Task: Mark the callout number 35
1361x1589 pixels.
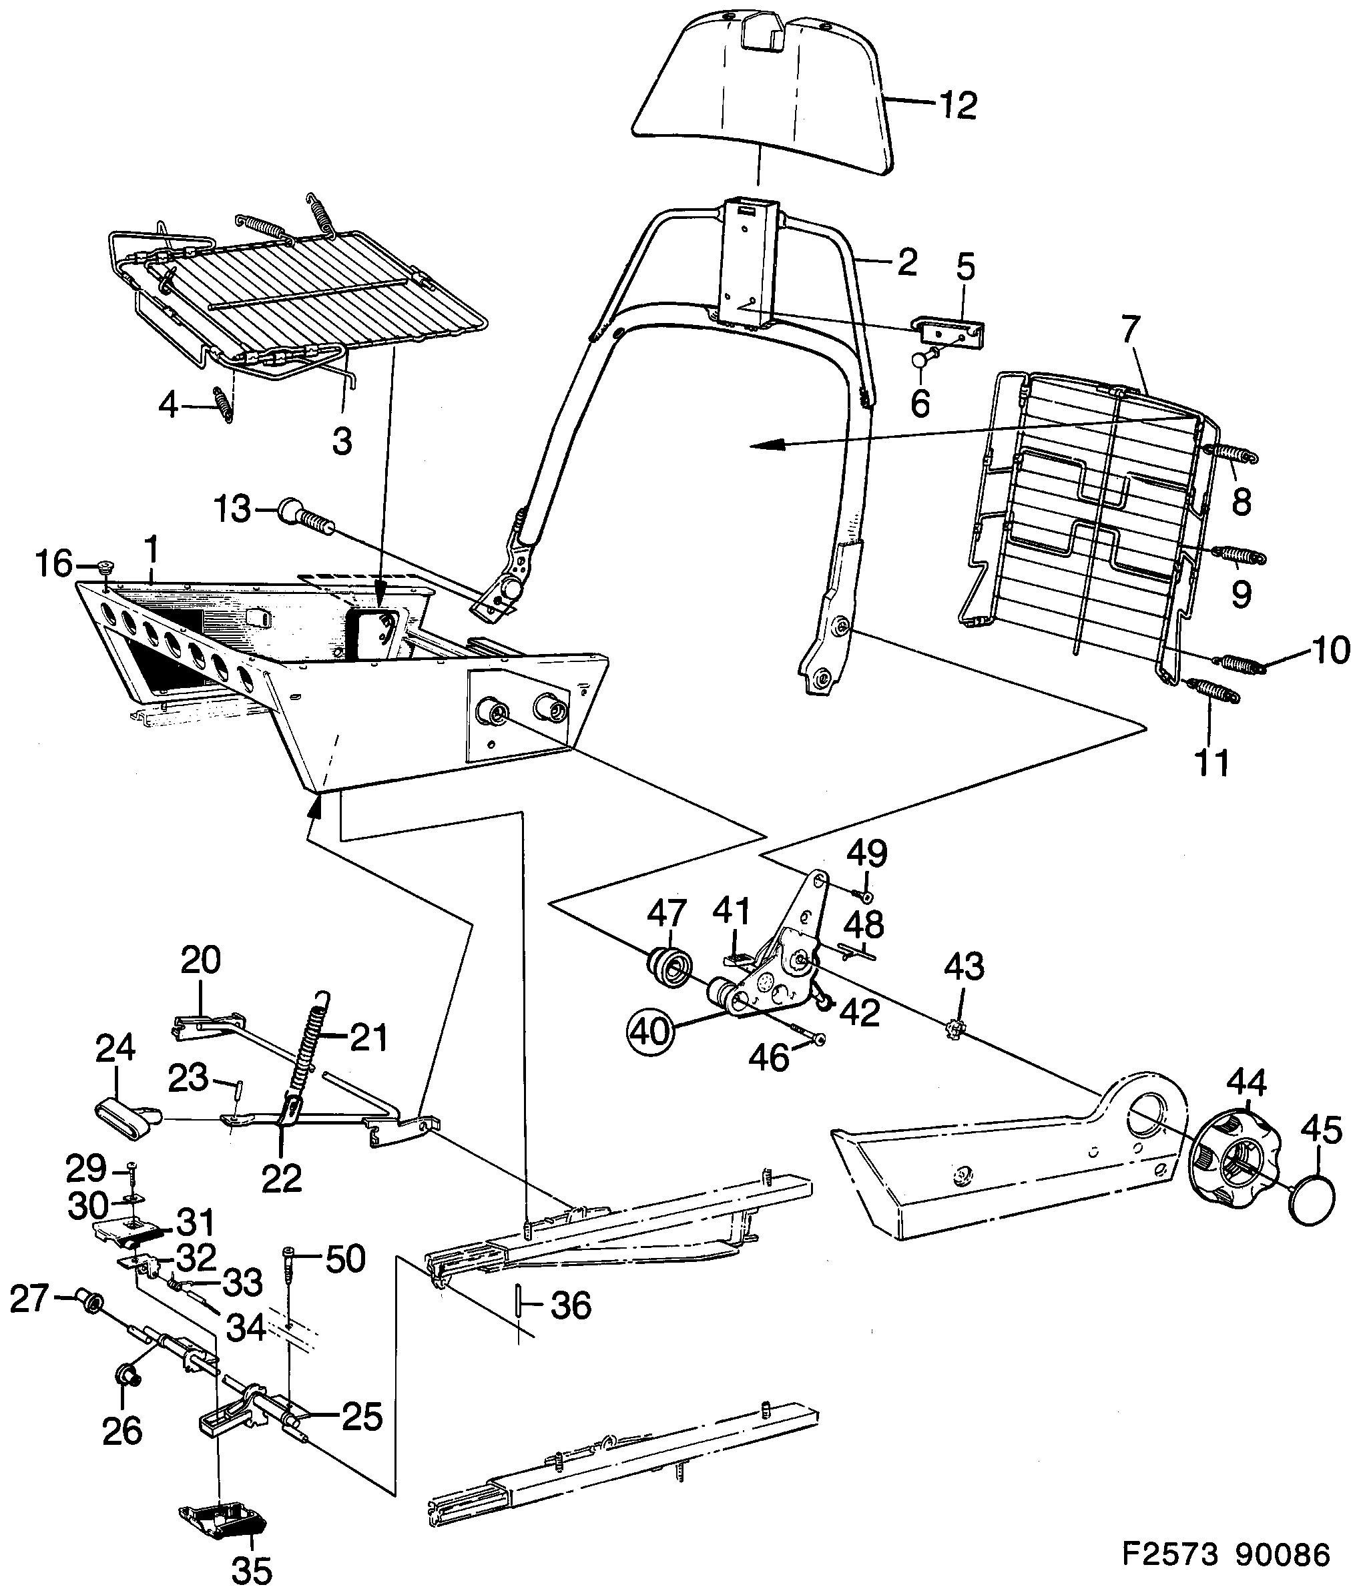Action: click(x=252, y=1570)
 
